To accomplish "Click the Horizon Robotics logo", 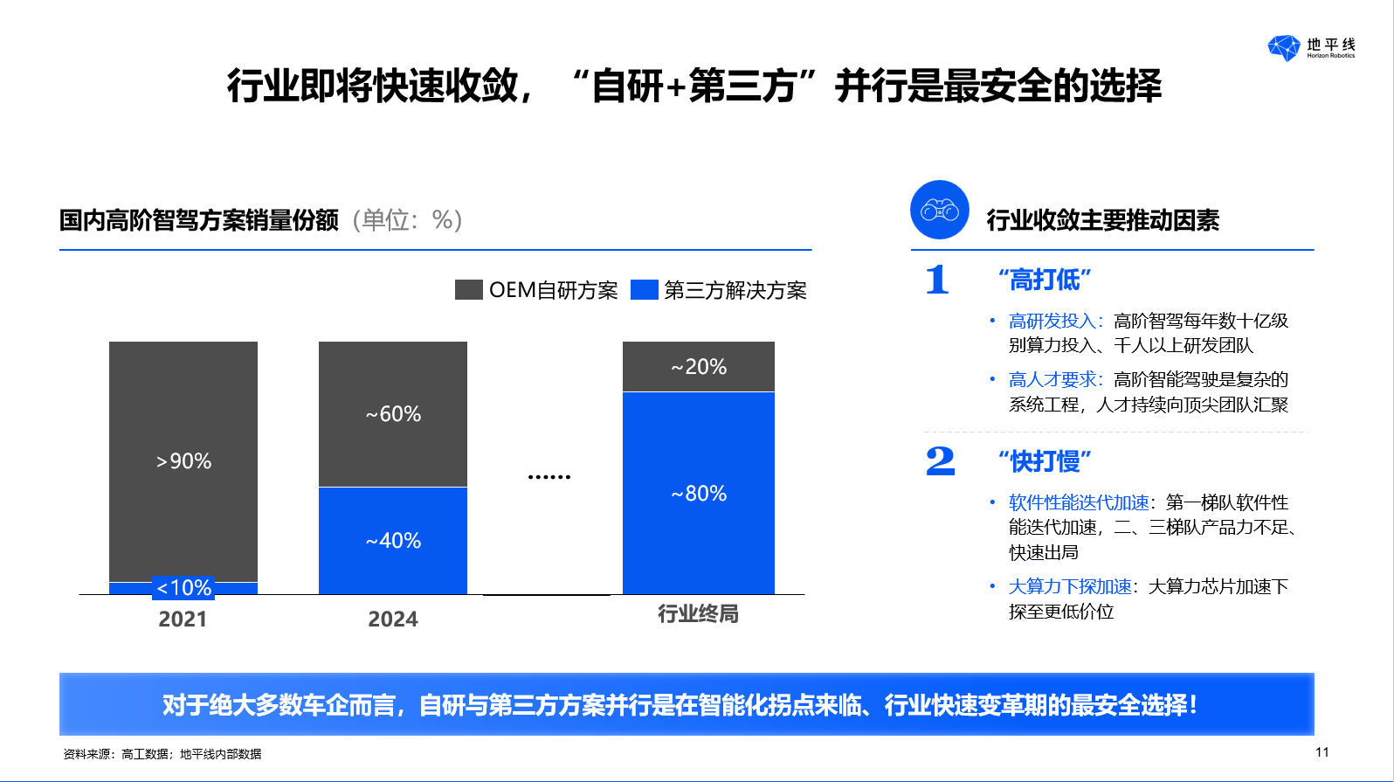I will (1310, 47).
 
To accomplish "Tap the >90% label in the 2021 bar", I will (183, 461).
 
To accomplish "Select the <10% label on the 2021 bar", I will (183, 588).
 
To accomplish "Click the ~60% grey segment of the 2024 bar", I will (393, 414).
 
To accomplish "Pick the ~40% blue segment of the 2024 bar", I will (393, 541).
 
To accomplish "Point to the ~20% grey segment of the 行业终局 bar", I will (699, 367).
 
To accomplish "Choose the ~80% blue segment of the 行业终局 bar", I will (699, 494).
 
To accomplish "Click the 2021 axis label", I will (183, 619).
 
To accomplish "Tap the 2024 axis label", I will (393, 619).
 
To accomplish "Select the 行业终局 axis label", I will (698, 614).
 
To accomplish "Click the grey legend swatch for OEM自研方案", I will (469, 290).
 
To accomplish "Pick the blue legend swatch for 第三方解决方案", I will (645, 290).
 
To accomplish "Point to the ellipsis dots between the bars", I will (549, 477).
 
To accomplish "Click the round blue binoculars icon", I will (940, 210).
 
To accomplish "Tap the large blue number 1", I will (937, 280).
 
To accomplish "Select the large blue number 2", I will (940, 460).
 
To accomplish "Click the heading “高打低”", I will (1045, 280).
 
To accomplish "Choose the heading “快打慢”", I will (1045, 460).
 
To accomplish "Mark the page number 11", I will (1322, 752).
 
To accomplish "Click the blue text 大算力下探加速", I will (1070, 587).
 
